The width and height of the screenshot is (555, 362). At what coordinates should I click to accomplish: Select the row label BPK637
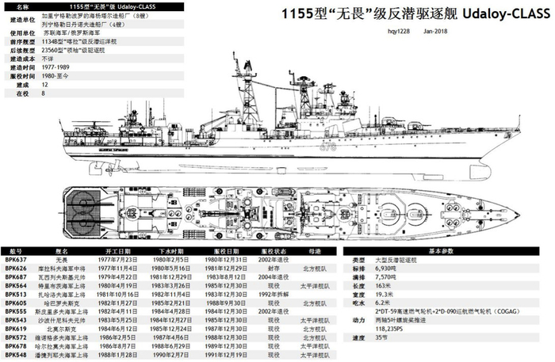(16, 259)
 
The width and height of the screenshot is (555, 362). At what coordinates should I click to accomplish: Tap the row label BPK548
(16, 356)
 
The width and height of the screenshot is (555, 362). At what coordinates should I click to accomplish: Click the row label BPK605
(16, 303)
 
